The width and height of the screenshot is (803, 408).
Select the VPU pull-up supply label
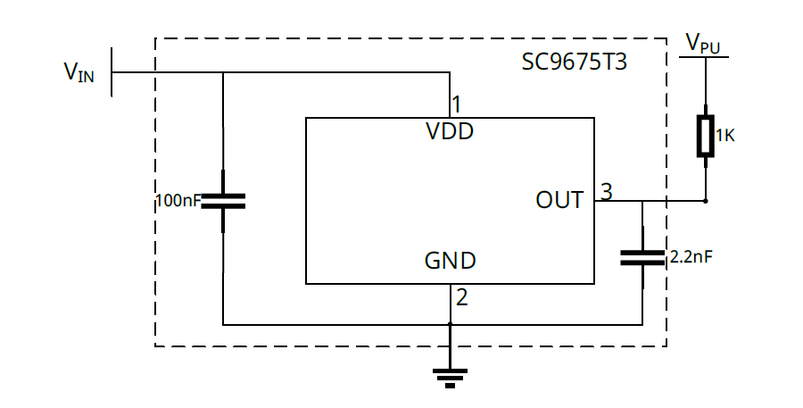[703, 43]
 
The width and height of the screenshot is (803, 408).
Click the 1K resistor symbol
[706, 136]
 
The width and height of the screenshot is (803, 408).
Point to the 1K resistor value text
[724, 137]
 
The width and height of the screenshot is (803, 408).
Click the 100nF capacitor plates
[222, 200]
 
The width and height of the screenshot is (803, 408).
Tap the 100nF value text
[178, 200]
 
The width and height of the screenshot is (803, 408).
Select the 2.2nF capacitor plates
[642, 258]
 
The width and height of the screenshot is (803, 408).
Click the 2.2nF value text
[691, 257]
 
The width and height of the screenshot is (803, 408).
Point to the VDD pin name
[450, 133]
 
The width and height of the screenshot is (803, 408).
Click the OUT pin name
[559, 200]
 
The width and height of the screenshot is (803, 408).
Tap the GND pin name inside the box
[450, 262]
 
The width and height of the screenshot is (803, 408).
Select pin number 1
[456, 103]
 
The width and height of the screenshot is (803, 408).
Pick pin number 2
[461, 298]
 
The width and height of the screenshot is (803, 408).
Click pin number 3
[606, 191]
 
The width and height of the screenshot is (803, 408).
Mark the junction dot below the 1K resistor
[706, 201]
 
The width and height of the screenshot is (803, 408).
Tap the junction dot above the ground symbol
[451, 325]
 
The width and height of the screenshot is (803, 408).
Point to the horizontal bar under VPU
[705, 58]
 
